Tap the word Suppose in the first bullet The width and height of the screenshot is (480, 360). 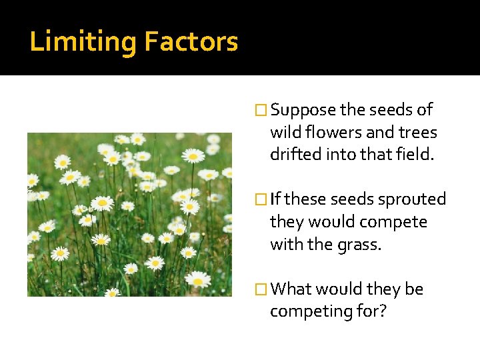303,110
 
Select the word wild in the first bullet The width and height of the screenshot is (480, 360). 284,133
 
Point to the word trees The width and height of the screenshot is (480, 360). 417,133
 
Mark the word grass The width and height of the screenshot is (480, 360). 360,245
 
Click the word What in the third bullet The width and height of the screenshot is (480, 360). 291,289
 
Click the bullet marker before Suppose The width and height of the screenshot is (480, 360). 262,110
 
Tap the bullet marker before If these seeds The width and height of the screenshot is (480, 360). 262,199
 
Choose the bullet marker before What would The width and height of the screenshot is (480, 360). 262,289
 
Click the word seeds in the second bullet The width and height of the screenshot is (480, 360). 349,199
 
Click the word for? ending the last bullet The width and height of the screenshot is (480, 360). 371,311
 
